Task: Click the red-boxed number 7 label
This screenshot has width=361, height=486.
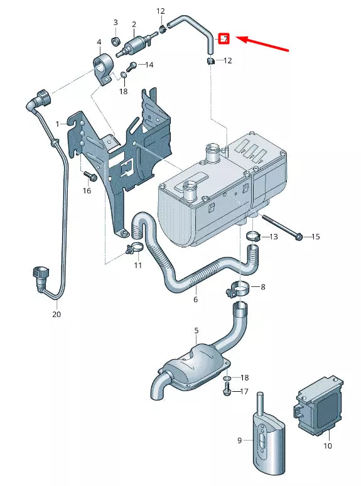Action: tap(225, 38)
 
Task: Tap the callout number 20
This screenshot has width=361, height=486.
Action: tap(57, 314)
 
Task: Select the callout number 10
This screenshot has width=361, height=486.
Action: tap(327, 446)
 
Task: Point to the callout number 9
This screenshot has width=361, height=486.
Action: tap(239, 440)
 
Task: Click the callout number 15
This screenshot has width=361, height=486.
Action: tap(316, 237)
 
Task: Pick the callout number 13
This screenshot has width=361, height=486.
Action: tap(273, 237)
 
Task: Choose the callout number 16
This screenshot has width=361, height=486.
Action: tap(87, 190)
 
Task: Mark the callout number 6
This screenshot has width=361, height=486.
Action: tap(195, 300)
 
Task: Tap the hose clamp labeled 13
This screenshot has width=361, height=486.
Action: tap(253, 237)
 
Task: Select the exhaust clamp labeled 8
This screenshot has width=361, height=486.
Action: tap(238, 289)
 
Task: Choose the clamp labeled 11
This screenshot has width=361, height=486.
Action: tap(134, 248)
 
